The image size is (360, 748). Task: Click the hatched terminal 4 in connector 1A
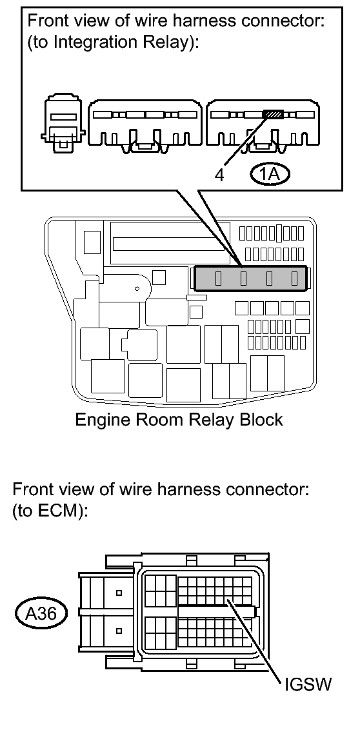273,115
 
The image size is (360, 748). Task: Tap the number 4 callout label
219,175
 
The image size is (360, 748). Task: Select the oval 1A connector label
270,174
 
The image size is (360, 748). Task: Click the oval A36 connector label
41,613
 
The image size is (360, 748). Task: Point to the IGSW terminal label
308,685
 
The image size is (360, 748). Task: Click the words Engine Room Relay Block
179,419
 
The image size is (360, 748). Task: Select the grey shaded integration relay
250,278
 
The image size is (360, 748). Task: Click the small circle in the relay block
137,289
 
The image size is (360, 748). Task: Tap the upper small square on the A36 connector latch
119,593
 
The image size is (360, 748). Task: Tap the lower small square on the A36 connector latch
119,631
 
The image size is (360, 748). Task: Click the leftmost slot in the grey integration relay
218,278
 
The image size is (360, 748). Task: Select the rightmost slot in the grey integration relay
294,278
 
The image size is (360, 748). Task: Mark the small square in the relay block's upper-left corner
92,242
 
